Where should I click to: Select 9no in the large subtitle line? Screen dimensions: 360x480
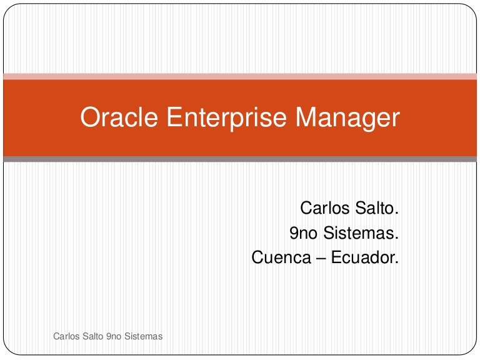pyautogui.click(x=302, y=233)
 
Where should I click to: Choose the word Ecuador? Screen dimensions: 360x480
pyautogui.click(x=366, y=257)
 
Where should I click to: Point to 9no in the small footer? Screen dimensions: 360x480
pyautogui.click(x=114, y=336)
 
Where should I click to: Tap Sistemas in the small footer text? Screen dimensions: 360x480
pyautogui.click(x=143, y=336)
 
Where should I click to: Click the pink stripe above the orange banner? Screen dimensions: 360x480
pyautogui.click(x=240, y=76)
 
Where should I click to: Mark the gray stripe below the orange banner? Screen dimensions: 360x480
pyautogui.click(x=240, y=159)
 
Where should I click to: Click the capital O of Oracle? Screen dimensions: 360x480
pyautogui.click(x=89, y=117)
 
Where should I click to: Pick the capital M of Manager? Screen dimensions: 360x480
pyautogui.click(x=303, y=117)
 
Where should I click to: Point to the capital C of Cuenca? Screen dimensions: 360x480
pyautogui.click(x=257, y=257)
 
